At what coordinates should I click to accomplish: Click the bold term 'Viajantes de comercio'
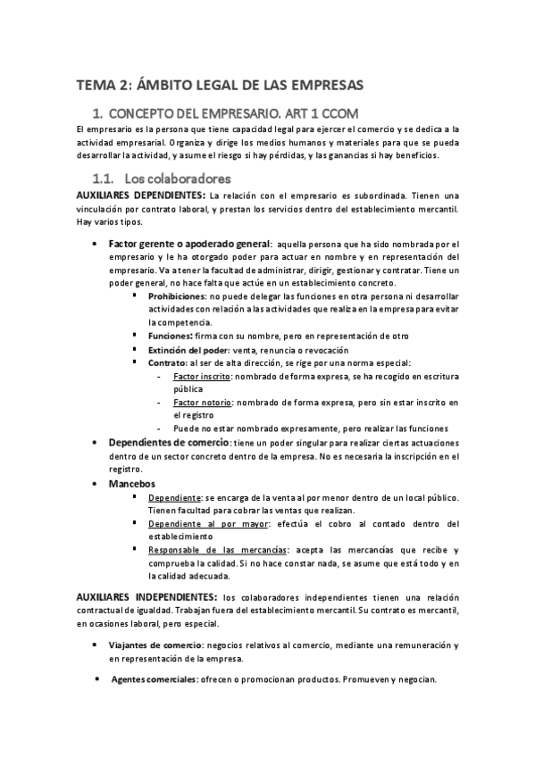point(159,645)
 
